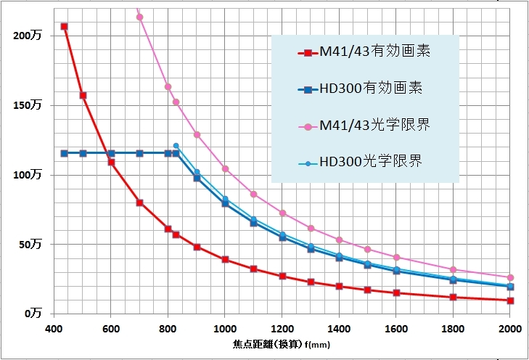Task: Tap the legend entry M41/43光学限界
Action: click(366, 126)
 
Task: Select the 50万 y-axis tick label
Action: click(30, 245)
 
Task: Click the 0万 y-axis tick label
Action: click(33, 314)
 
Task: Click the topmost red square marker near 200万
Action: click(65, 27)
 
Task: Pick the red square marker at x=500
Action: click(83, 95)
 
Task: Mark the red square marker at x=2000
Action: click(510, 300)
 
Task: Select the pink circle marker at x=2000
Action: click(510, 278)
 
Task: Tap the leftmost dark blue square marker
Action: click(65, 153)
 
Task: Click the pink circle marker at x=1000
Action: click(225, 169)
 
